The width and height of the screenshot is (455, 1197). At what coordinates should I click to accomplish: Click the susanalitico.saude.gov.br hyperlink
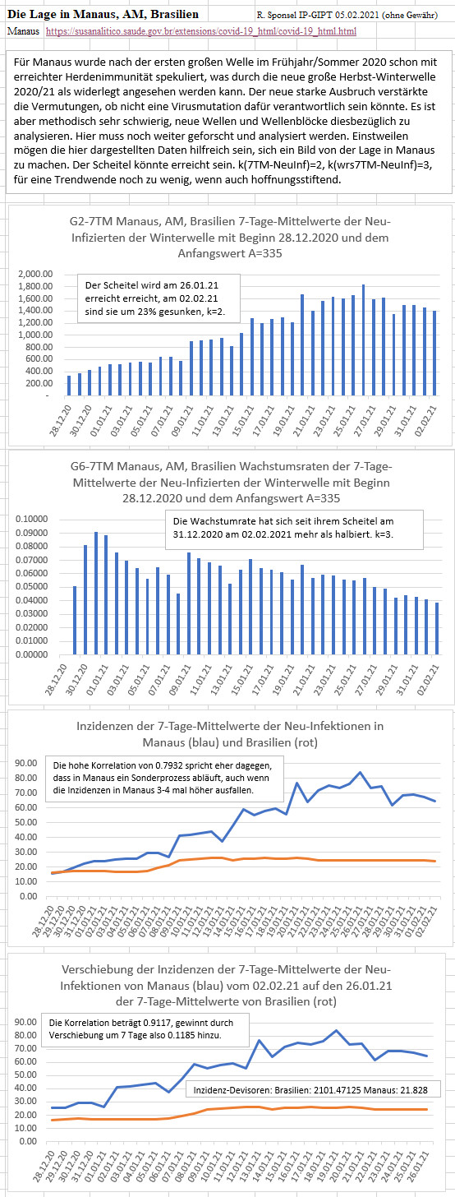200,31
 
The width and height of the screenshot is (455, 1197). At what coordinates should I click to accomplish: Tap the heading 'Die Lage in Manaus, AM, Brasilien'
103,15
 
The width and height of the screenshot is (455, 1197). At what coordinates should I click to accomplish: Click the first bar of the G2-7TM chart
69,386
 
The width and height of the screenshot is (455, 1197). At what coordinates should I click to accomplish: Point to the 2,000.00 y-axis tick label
36,274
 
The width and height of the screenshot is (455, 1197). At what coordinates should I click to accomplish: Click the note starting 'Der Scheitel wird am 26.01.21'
159,298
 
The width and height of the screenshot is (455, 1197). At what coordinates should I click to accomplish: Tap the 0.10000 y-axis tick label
31,519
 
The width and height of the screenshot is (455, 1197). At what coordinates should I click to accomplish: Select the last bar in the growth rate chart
437,628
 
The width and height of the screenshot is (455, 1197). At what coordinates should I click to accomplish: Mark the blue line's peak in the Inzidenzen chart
360,772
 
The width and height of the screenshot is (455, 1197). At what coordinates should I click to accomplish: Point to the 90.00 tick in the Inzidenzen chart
27,763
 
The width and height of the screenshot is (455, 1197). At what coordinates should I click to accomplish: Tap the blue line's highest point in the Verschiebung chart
336,1030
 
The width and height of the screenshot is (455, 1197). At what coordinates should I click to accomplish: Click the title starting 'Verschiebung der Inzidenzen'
226,985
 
